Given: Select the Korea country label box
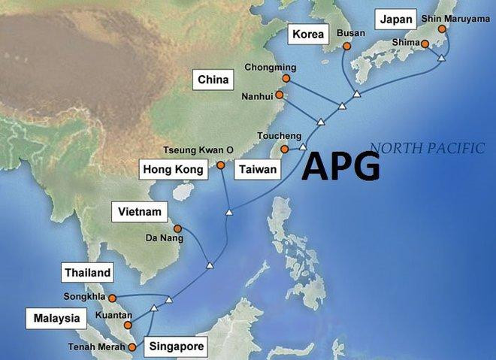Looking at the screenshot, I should pyautogui.click(x=308, y=35).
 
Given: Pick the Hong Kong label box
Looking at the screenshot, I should pyautogui.click(x=173, y=170).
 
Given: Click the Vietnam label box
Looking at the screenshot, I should pyautogui.click(x=139, y=212).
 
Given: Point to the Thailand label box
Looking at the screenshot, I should pyautogui.click(x=87, y=273).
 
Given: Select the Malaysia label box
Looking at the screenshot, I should pyautogui.click(x=56, y=319).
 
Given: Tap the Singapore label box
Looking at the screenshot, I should pyautogui.click(x=176, y=346).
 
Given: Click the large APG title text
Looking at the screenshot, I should pyautogui.click(x=341, y=166).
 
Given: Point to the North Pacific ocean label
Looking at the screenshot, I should pyautogui.click(x=427, y=148).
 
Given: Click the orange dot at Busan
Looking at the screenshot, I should pyautogui.click(x=347, y=45).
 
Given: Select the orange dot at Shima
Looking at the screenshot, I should pyautogui.click(x=425, y=44).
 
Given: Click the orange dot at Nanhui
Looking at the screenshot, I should pyautogui.click(x=280, y=95).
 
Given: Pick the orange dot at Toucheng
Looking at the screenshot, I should pyautogui.click(x=285, y=150).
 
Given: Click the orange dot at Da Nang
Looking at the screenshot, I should pyautogui.click(x=177, y=228).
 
